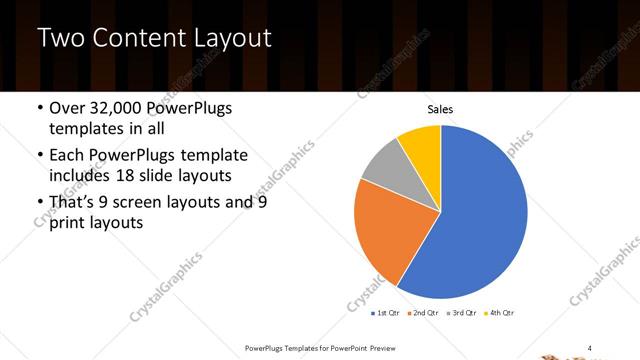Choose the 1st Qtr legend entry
point(387,314)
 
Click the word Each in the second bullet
point(68,155)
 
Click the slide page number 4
point(590,347)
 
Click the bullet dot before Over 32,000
point(38,109)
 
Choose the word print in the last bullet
point(68,223)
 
